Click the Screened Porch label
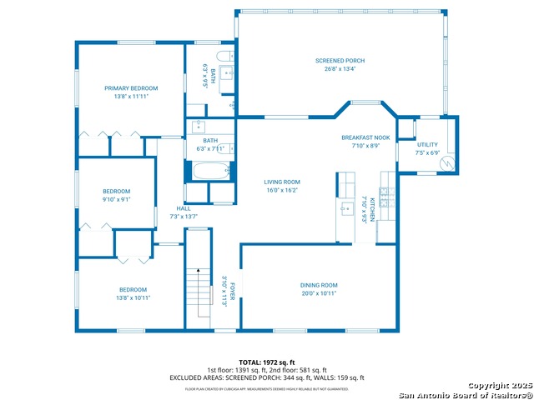(x=340, y=61)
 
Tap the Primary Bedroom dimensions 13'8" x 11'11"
(x=131, y=96)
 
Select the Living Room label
(x=282, y=182)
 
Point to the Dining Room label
(x=319, y=285)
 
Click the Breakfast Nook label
(x=365, y=137)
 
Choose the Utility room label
(x=427, y=145)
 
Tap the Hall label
(x=182, y=208)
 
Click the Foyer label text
(x=233, y=292)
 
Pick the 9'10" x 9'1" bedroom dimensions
(x=117, y=198)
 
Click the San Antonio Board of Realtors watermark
(x=464, y=394)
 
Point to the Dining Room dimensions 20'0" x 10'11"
(x=319, y=292)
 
